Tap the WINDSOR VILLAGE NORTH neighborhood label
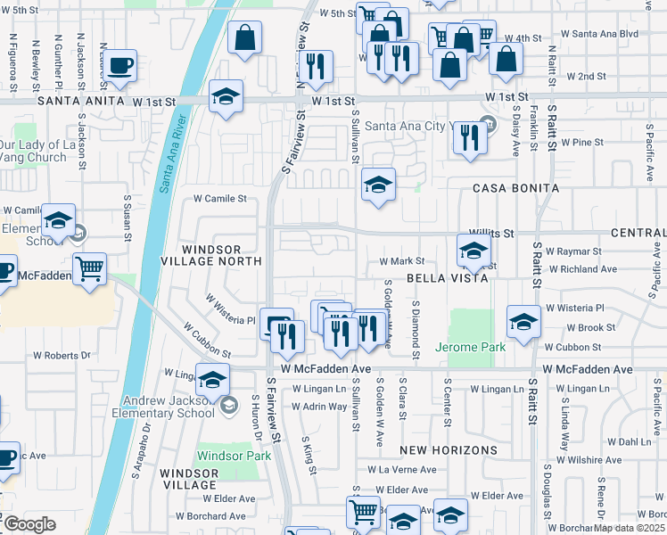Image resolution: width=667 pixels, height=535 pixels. tap(222, 254)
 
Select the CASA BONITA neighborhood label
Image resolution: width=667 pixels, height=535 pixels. tap(515, 188)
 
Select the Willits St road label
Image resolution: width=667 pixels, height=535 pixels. tap(495, 233)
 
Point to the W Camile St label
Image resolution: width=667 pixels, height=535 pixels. tap(219, 199)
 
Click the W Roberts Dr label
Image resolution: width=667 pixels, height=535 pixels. tap(62, 354)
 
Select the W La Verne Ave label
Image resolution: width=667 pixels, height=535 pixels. tap(408, 470)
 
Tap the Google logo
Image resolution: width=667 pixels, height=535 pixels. tap(29, 524)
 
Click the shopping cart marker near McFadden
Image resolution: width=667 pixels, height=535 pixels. tap(89, 267)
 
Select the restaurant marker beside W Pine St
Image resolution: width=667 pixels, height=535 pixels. tap(468, 137)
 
